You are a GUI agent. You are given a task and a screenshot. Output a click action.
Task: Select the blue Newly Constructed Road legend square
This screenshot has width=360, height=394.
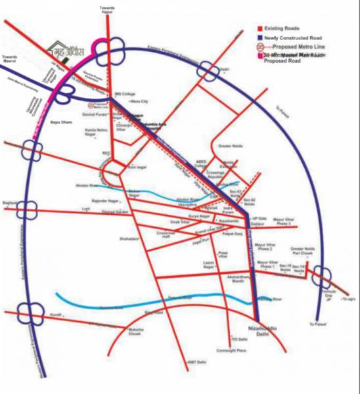(259, 39)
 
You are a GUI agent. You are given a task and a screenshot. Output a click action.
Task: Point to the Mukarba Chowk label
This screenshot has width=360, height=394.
(135, 330)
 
